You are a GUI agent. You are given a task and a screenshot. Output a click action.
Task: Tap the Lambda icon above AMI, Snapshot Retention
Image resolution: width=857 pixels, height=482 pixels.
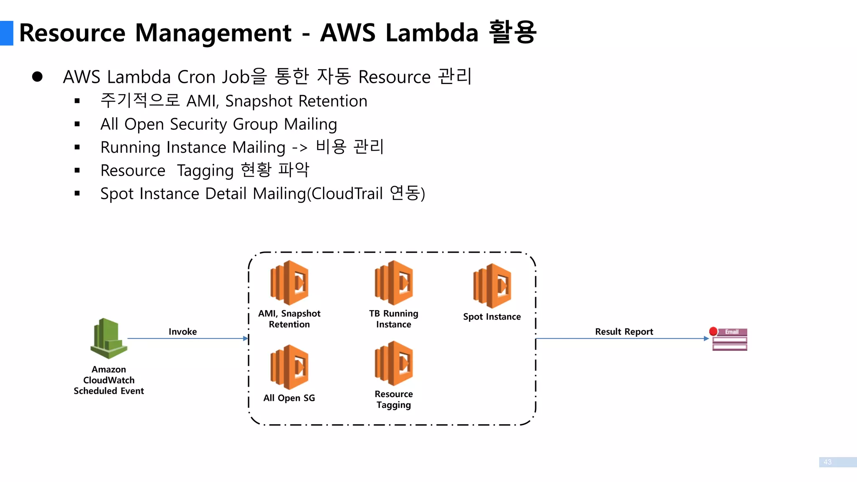pos(290,283)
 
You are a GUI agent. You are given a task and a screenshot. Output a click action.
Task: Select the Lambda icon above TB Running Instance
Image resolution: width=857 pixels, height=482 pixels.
pos(394,283)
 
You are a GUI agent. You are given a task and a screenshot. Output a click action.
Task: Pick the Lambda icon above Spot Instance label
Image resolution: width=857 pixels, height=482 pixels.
pos(492,286)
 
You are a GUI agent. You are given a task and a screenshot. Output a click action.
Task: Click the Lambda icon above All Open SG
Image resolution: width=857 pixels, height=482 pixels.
pos(290,367)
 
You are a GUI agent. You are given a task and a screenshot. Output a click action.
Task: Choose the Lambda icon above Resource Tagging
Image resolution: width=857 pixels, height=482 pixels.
pos(394,363)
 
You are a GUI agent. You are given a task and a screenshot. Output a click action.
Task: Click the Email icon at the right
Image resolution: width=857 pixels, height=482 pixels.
pos(730,340)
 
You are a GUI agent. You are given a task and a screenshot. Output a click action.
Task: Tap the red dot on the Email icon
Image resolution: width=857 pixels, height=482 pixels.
pos(713,331)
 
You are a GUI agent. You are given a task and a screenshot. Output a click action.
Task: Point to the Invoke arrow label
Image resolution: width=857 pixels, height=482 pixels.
pos(182,332)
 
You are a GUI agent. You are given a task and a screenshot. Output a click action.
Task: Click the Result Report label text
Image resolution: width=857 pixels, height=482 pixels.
pos(624,332)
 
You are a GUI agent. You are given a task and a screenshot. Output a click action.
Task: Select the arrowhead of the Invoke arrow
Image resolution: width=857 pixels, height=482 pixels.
pos(246,338)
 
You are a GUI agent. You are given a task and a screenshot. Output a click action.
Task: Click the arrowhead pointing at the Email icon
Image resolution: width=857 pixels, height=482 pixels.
pos(706,338)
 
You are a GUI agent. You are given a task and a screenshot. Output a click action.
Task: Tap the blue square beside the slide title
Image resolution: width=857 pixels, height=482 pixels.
pos(7,33)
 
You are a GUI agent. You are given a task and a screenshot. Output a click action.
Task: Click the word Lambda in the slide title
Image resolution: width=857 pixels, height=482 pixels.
pos(431,33)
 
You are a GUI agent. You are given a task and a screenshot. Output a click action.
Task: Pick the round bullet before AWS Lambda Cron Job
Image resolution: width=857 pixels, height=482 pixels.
pos(37,77)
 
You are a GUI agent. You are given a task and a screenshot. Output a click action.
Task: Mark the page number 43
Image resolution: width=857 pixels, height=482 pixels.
pos(827,462)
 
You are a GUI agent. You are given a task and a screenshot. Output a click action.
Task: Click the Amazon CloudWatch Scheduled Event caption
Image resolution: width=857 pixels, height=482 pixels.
pos(109,380)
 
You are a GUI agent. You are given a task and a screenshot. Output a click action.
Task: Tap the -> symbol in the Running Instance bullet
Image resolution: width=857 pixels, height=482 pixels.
pos(300,148)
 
